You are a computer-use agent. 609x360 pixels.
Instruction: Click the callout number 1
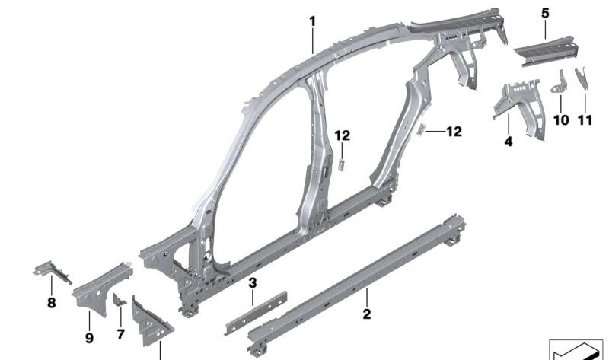(313, 21)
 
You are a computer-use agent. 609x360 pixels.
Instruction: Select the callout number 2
(367, 314)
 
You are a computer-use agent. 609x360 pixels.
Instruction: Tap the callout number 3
(253, 283)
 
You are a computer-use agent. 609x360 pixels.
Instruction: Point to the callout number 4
(509, 142)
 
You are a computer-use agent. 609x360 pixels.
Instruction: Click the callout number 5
(545, 14)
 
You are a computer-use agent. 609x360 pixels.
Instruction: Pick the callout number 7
(120, 334)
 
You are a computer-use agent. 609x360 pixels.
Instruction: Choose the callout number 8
(51, 303)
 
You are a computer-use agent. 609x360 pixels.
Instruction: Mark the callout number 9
(89, 338)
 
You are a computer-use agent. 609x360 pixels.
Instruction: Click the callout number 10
(561, 120)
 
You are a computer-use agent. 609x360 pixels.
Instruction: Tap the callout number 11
(585, 120)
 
